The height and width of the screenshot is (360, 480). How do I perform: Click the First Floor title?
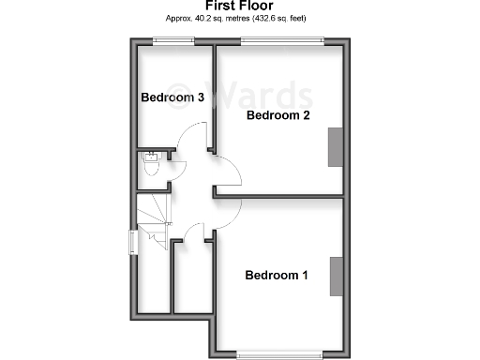(x=239, y=6)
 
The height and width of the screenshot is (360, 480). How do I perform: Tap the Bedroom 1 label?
(x=276, y=276)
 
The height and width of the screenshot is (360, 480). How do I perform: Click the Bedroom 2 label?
(x=277, y=115)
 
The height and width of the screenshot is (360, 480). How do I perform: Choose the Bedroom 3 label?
(x=172, y=97)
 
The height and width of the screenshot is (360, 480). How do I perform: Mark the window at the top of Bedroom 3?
(x=174, y=40)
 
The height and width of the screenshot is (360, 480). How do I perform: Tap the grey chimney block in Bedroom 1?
(x=335, y=276)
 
